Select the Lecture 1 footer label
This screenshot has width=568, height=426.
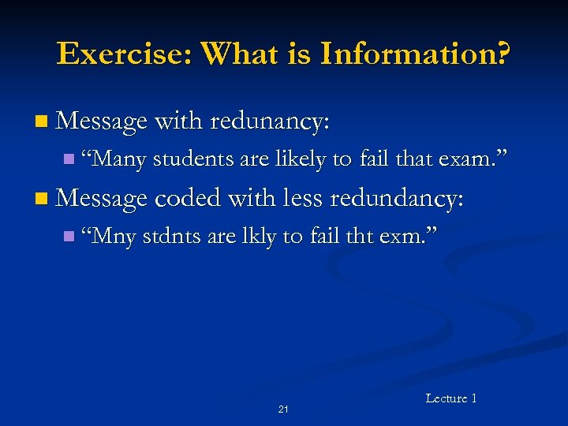pyautogui.click(x=451, y=398)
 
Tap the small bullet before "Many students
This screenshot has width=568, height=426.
pyautogui.click(x=69, y=160)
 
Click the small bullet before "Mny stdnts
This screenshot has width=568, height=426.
pyautogui.click(x=69, y=236)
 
